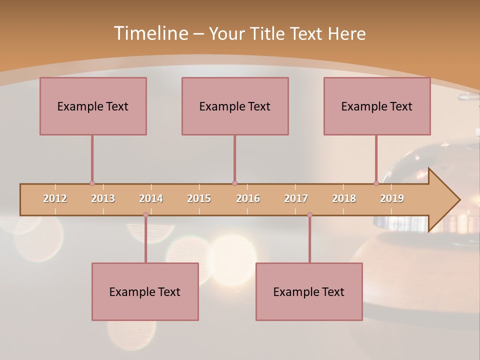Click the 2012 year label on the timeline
pos(55,198)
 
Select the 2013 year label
pos(103,198)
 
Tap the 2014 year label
pos(151,198)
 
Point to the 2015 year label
pos(199,198)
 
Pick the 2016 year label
pos(248,198)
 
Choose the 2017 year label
pos(296,198)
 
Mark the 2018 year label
pos(344,198)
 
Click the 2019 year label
pos(392,198)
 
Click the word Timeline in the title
pos(150,33)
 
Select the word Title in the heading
pos(269,33)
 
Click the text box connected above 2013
pos(93,106)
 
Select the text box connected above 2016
pos(235,106)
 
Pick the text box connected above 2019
pos(377,106)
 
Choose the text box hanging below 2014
pos(145,291)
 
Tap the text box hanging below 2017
pos(309,291)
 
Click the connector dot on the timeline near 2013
pos(92,183)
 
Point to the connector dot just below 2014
pos(145,215)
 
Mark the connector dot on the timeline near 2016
pos(234,183)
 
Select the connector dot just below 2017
pos(309,215)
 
